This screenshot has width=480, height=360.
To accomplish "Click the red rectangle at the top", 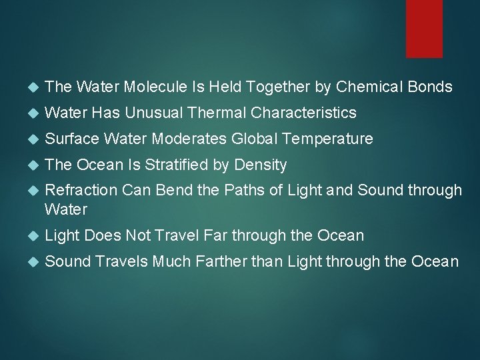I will pos(425,28).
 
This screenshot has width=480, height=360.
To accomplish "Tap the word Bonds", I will pos(428,87).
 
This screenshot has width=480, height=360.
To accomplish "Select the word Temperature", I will pos(330,139).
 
